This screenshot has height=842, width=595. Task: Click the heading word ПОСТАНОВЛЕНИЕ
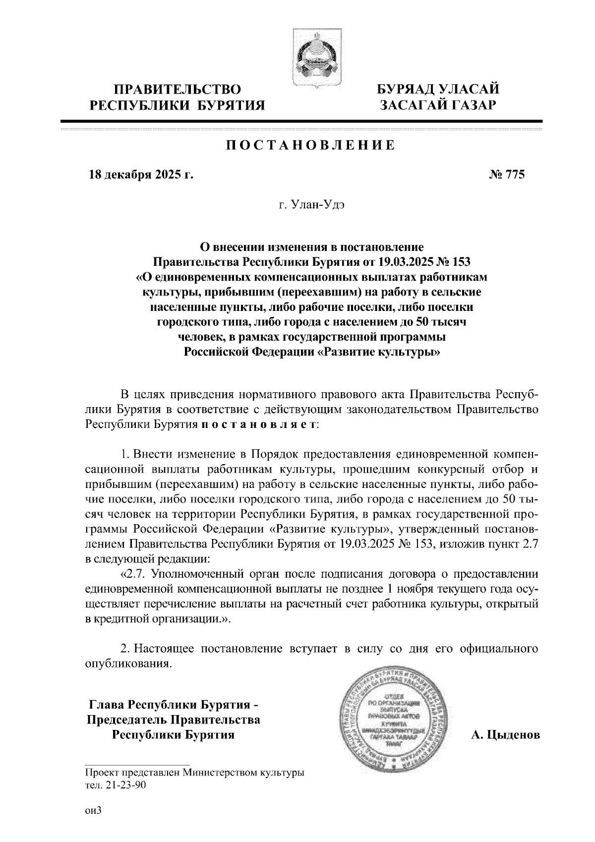click(x=310, y=145)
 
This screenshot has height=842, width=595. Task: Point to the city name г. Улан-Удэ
click(x=311, y=205)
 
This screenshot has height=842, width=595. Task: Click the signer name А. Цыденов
click(x=505, y=735)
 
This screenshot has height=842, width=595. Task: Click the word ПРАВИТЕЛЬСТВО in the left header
click(x=178, y=90)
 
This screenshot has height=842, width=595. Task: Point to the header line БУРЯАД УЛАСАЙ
click(x=438, y=90)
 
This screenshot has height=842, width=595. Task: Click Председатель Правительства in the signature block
click(x=174, y=720)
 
